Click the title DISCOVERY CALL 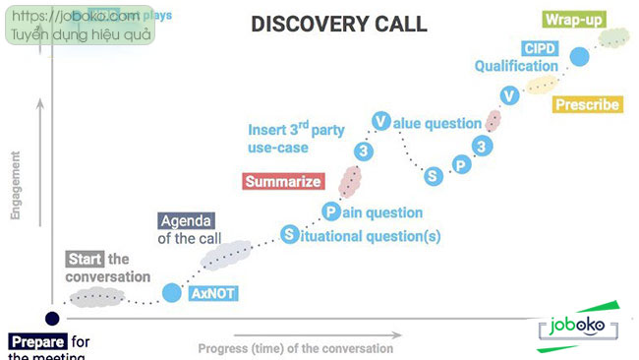pos(338,24)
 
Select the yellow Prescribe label pos(586,104)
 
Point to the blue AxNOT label pos(214,293)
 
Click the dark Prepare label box pos(38,342)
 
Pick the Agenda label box pos(186,220)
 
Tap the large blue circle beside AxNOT pos(171,292)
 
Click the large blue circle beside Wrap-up pos(580,56)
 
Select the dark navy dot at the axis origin pos(51,318)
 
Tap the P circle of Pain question pos(331,211)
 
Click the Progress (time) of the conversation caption pos(295,348)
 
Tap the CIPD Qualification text pos(516,57)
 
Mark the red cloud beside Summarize pos(349,180)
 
